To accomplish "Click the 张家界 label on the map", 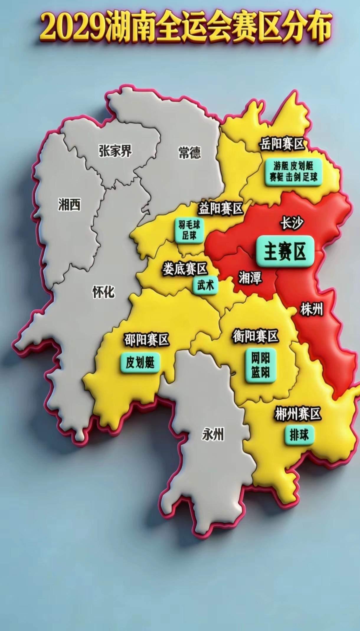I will [115, 151].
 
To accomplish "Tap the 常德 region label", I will [189, 153].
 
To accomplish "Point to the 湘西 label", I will [69, 204].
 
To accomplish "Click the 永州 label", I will [213, 434].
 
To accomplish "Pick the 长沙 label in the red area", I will [292, 223].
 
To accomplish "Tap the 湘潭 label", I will [250, 277].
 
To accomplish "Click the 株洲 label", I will [312, 310].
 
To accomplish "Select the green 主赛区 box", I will [284, 252].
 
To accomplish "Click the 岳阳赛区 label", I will [282, 144].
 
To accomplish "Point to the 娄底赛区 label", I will [185, 269].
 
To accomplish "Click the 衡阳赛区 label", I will [256, 336].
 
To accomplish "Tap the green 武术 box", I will [205, 285].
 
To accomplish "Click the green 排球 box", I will [299, 435].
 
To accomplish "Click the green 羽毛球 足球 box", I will [189, 231].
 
